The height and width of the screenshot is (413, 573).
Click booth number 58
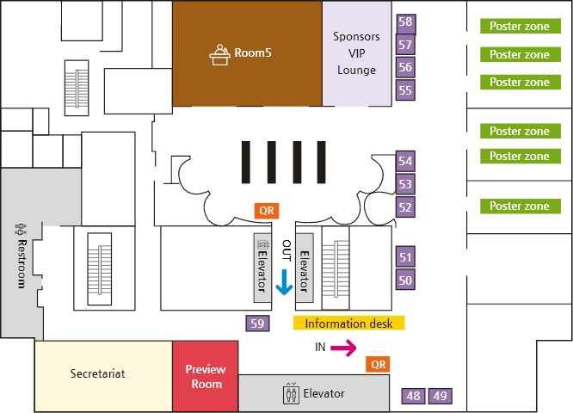click(x=405, y=22)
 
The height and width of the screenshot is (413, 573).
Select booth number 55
click(x=405, y=89)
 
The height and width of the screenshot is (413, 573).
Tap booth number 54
click(x=405, y=161)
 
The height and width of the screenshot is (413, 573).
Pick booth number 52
click(x=405, y=206)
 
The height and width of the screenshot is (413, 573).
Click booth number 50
click(x=405, y=280)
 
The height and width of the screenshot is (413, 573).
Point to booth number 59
click(x=257, y=324)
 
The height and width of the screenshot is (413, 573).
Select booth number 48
click(x=414, y=396)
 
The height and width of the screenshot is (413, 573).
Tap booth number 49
click(x=440, y=396)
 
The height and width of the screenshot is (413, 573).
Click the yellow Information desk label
click(x=348, y=324)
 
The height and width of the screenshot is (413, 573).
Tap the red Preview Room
click(x=205, y=376)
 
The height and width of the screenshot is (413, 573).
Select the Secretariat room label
click(x=98, y=374)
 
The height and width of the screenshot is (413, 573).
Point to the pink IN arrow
click(x=343, y=348)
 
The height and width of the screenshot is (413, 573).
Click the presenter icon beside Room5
click(x=219, y=53)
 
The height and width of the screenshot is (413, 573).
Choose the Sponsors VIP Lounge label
click(x=356, y=53)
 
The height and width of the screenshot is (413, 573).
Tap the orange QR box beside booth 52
click(x=266, y=209)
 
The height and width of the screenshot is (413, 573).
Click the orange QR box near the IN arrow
click(x=377, y=364)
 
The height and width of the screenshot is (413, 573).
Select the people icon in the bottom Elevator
click(x=290, y=393)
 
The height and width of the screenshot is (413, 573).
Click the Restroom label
click(x=21, y=257)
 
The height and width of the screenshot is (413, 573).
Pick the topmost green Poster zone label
click(x=519, y=27)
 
